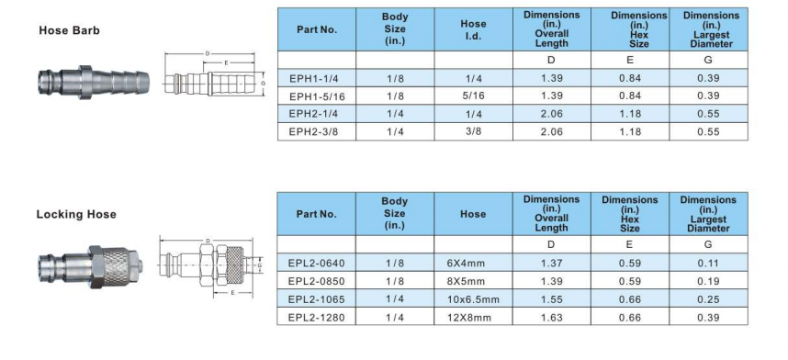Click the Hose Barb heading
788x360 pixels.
point(70,30)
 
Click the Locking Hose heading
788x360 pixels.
point(76,214)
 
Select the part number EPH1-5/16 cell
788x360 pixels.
point(317,96)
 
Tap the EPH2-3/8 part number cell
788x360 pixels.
point(317,131)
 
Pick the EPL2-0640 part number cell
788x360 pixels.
point(317,263)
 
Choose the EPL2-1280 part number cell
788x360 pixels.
point(317,318)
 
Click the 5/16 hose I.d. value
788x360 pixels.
point(473,96)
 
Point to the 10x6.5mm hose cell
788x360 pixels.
point(473,299)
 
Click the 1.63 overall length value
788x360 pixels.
point(552,318)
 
